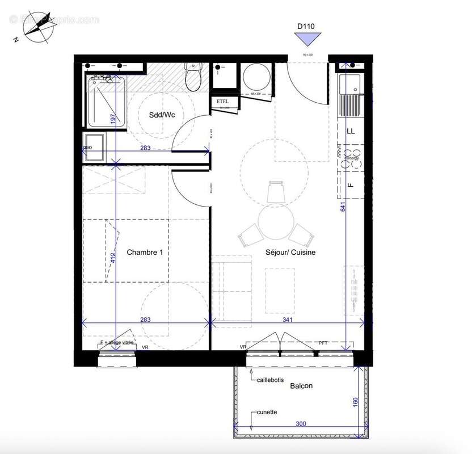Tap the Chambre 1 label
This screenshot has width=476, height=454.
145,252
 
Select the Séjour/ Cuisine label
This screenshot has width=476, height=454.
290,252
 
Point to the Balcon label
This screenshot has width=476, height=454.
301,385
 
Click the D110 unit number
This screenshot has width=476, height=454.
306,26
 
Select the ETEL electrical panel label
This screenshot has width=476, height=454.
221,102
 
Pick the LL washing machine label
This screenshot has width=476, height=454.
351,131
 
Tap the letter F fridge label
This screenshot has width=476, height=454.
350,184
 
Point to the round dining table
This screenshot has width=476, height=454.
275,223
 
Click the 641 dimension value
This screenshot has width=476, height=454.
343,207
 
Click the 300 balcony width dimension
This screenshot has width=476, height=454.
301,423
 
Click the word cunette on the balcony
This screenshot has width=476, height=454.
267,412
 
